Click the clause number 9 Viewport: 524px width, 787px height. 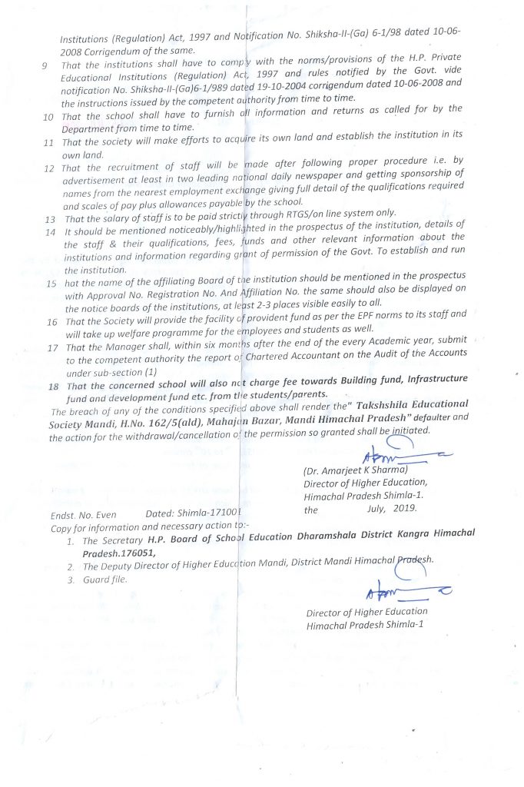point(45,65)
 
